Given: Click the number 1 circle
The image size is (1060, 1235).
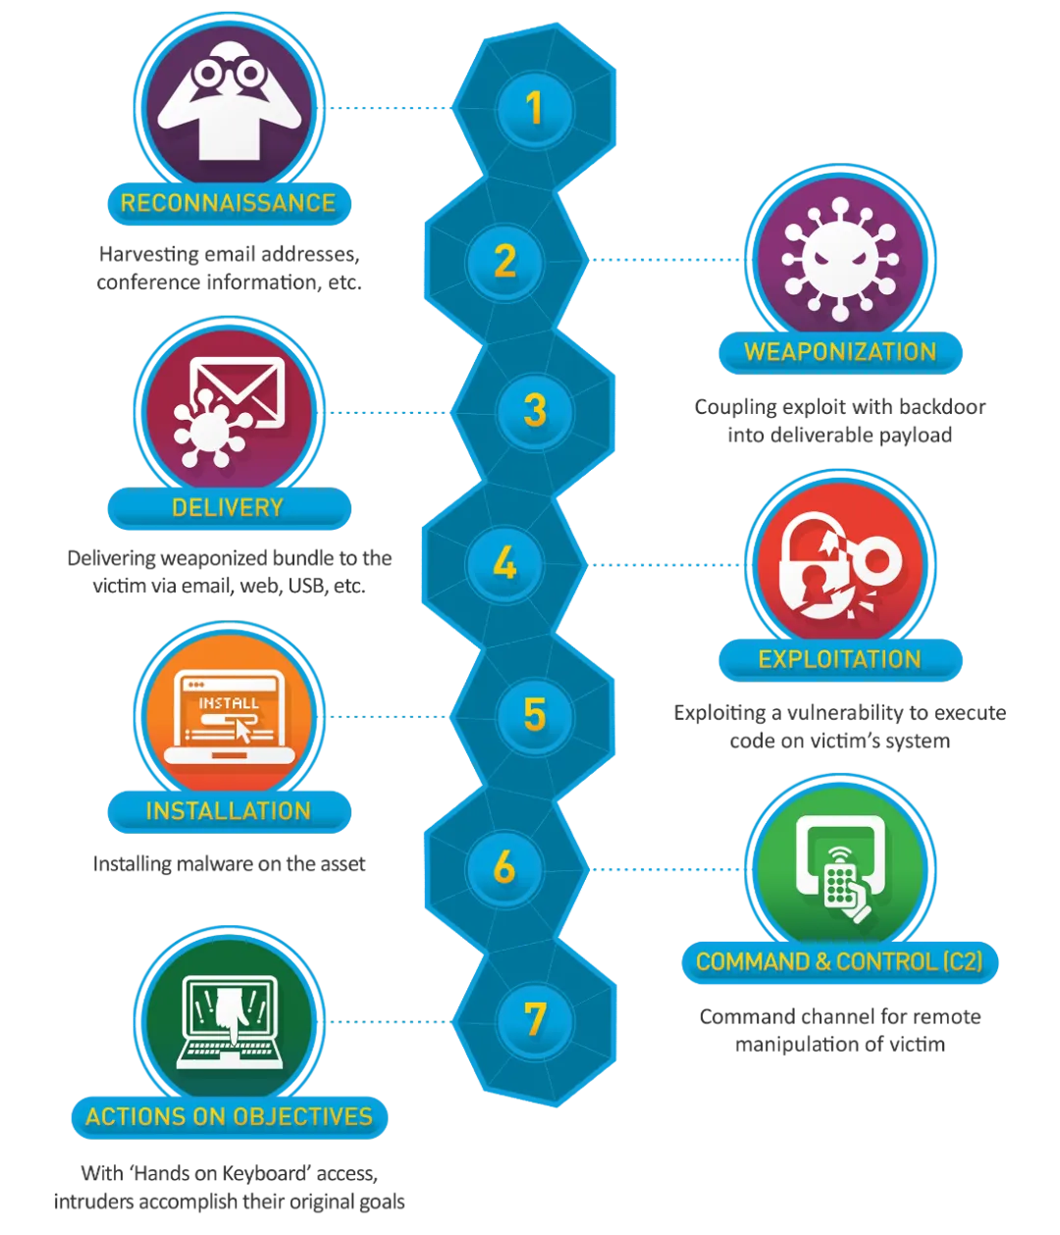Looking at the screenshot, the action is [x=534, y=108].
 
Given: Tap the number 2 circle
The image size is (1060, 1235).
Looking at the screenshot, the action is [x=504, y=261].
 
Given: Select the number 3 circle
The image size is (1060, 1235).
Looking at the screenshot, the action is [x=534, y=411].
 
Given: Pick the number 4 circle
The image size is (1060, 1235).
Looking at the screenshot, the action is [x=504, y=564].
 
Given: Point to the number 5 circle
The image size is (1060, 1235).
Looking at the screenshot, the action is [x=534, y=715].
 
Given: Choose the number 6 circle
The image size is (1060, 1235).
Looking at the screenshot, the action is [x=504, y=867].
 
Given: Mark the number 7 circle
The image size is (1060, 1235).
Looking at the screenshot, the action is [x=534, y=1019].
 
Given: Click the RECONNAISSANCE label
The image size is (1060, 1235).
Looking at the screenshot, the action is [x=228, y=203].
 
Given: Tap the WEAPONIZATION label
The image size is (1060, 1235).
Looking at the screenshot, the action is [x=840, y=352].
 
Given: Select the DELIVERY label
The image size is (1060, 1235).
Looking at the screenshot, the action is [x=228, y=507].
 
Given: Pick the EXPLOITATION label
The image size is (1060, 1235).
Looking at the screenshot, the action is [x=840, y=658].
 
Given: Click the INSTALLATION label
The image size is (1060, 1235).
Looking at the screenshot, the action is [x=228, y=811].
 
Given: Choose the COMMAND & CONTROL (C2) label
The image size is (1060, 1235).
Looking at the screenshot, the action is [x=839, y=961].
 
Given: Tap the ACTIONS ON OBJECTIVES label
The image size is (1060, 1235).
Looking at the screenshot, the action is [x=229, y=1116].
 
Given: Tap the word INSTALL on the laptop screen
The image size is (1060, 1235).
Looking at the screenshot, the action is [x=229, y=703].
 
